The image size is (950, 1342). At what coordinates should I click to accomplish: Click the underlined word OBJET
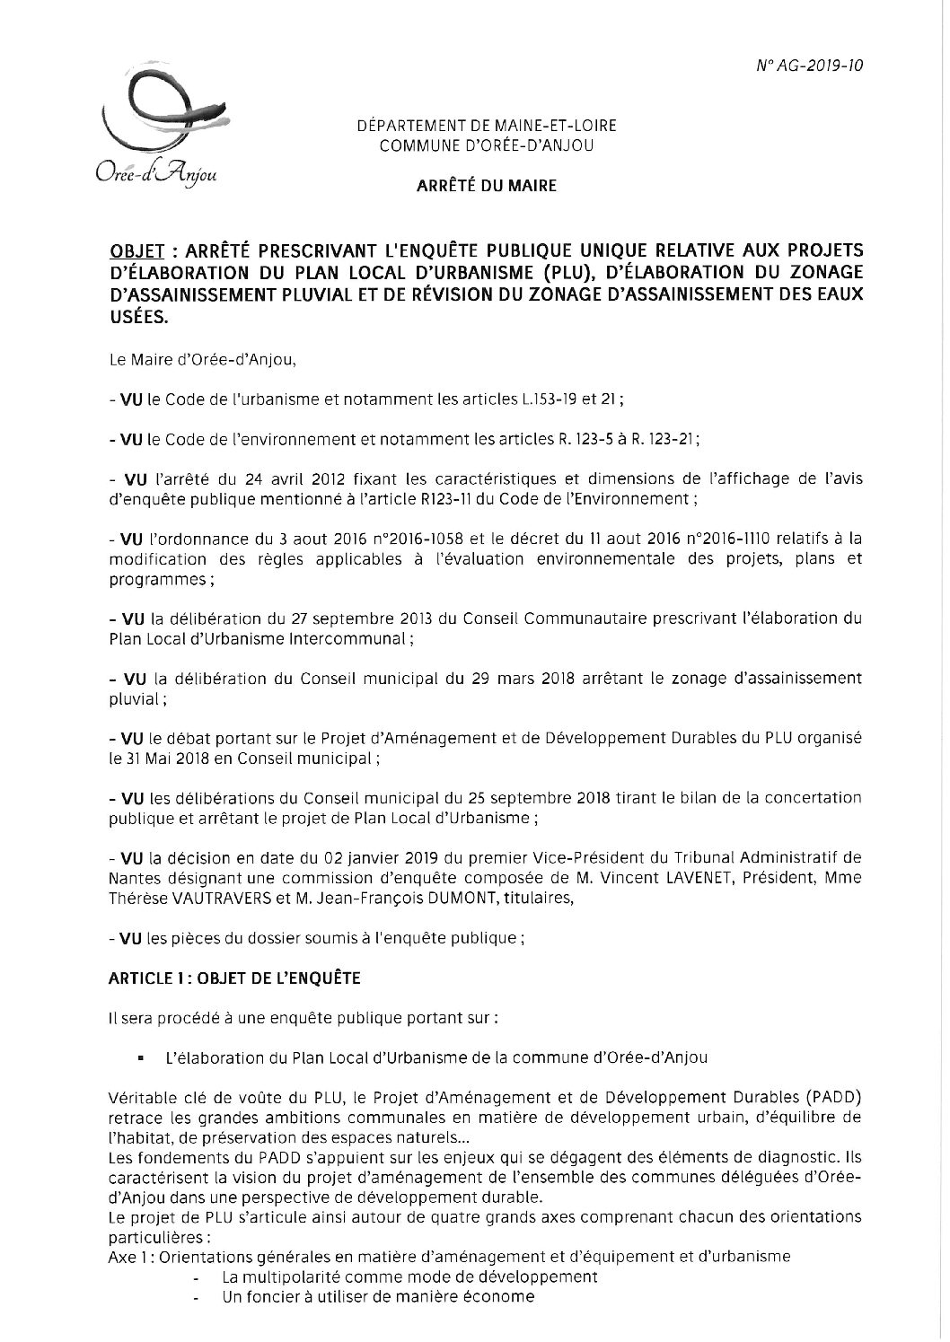pyautogui.click(x=130, y=249)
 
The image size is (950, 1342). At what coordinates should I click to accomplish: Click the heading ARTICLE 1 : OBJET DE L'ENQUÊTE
pyautogui.click(x=234, y=979)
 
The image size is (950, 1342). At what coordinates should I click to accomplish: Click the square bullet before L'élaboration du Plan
pyautogui.click(x=141, y=1058)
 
